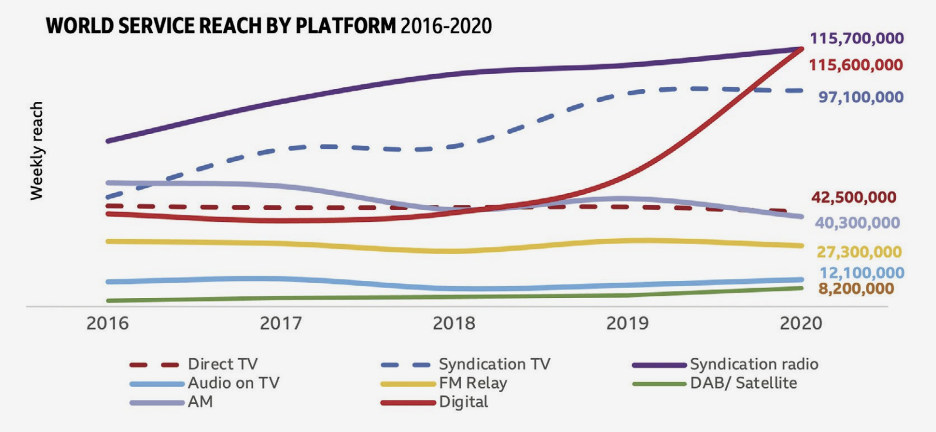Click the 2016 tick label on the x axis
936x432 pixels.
[107, 323]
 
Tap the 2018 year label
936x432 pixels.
[454, 323]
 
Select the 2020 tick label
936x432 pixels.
[800, 323]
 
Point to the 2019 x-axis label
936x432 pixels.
[627, 323]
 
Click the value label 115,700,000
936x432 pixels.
[856, 39]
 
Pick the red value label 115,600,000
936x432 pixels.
[856, 65]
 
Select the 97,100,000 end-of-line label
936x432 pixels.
[861, 97]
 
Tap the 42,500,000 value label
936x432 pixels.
[854, 197]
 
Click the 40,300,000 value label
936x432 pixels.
[857, 223]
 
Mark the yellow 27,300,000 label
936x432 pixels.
[859, 252]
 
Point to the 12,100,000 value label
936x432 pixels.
[862, 273]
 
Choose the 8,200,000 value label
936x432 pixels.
[856, 289]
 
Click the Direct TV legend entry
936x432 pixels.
[222, 364]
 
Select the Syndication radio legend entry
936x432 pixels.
[753, 364]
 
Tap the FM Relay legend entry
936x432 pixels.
[473, 383]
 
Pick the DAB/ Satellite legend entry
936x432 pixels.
[743, 383]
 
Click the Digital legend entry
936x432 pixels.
[463, 402]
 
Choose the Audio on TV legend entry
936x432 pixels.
[233, 383]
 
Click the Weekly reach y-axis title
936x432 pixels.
[37, 150]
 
